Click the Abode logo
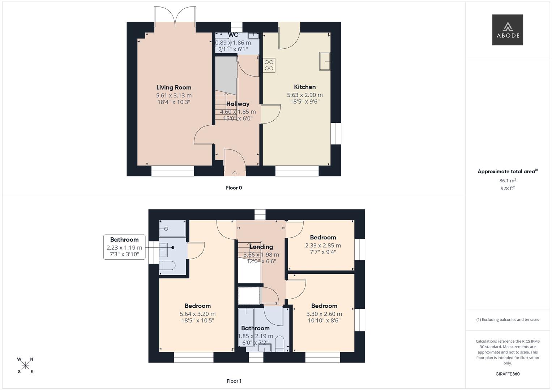[x=507, y=30]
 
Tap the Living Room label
[x=174, y=87]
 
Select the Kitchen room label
[x=305, y=87]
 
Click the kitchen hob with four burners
[x=269, y=65]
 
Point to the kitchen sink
[x=325, y=61]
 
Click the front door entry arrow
[x=235, y=173]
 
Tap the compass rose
[x=25, y=365]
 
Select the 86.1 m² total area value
[x=507, y=181]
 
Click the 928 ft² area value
[x=507, y=188]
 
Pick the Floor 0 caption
[x=234, y=188]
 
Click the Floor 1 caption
[x=234, y=381]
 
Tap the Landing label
[x=261, y=247]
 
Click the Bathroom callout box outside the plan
[x=124, y=247]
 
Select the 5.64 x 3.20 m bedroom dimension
[x=198, y=314]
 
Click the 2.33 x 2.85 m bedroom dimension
[x=323, y=245]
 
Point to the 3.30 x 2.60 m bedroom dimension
[x=324, y=314]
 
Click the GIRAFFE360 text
[x=507, y=374]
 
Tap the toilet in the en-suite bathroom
[x=168, y=266]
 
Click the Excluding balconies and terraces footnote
[x=507, y=320]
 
